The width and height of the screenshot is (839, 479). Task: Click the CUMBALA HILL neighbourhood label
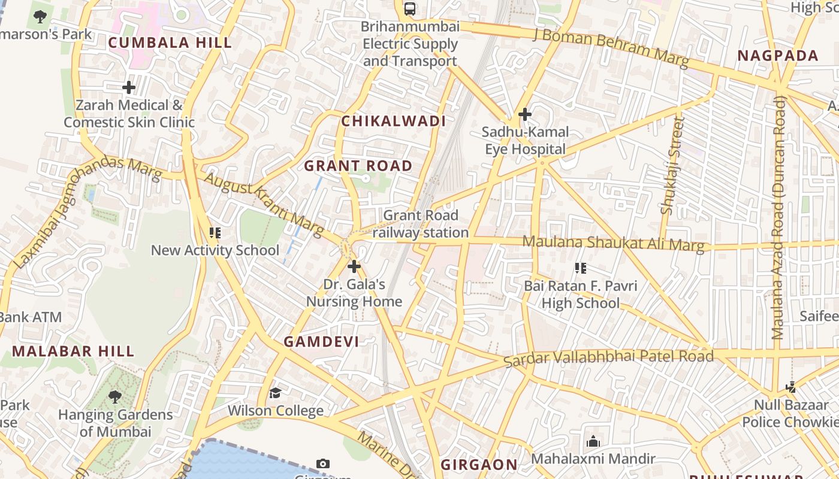pos(170,43)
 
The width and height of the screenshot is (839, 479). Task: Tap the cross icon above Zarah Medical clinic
pos(129,88)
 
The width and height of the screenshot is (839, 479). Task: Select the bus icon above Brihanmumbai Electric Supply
pos(410,9)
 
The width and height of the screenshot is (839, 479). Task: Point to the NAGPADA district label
pos(777,56)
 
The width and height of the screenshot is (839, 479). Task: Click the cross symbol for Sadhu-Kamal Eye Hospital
pos(525,114)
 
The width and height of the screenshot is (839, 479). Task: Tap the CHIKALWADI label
pos(394,121)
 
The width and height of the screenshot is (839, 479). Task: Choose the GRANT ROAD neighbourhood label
pos(358,166)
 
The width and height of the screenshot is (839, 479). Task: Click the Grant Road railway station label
pos(421,224)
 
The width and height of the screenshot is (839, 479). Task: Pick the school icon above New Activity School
pos(215,233)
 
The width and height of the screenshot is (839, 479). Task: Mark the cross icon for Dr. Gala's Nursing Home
pos(354,266)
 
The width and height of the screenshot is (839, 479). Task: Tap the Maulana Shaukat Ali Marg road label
pos(613,243)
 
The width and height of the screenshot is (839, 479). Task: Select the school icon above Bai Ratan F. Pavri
pos(580,268)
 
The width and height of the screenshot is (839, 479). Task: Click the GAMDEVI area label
pos(321,342)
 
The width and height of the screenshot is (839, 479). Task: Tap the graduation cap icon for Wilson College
pos(275,393)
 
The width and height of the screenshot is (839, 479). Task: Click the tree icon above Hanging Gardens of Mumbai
pos(115,396)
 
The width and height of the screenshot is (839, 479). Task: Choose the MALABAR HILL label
pos(73,351)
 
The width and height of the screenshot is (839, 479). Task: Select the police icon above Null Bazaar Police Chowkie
pos(791,387)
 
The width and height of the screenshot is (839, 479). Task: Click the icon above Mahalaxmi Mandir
pos(593,442)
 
